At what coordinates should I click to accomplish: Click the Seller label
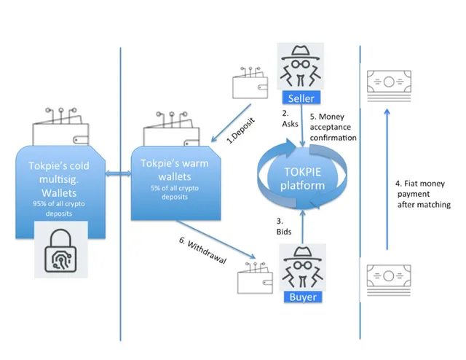point(301,98)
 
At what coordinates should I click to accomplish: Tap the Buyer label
point(303,297)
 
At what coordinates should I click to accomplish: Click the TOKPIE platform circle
point(302,179)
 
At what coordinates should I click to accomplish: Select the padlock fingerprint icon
point(60,250)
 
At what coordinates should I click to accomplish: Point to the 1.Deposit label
point(241,131)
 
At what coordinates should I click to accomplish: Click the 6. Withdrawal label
point(202,251)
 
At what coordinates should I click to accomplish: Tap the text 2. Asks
point(290,119)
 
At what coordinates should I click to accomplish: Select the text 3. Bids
point(284,227)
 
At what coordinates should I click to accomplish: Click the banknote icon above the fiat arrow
point(389,86)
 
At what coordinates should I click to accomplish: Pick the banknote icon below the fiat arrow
point(389,280)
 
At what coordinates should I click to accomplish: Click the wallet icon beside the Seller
point(250,82)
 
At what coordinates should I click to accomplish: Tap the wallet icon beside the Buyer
point(255,278)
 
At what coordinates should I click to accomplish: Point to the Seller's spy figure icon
point(301,66)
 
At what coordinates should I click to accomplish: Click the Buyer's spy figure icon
point(303,267)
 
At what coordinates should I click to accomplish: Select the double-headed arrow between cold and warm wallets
point(118,173)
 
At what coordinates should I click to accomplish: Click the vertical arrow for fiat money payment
point(387,179)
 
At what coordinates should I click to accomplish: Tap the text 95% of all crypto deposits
point(59,208)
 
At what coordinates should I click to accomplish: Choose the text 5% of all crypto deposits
point(175,192)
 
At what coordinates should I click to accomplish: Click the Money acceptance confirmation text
point(333,127)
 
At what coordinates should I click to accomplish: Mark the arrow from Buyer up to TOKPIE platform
point(303,227)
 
